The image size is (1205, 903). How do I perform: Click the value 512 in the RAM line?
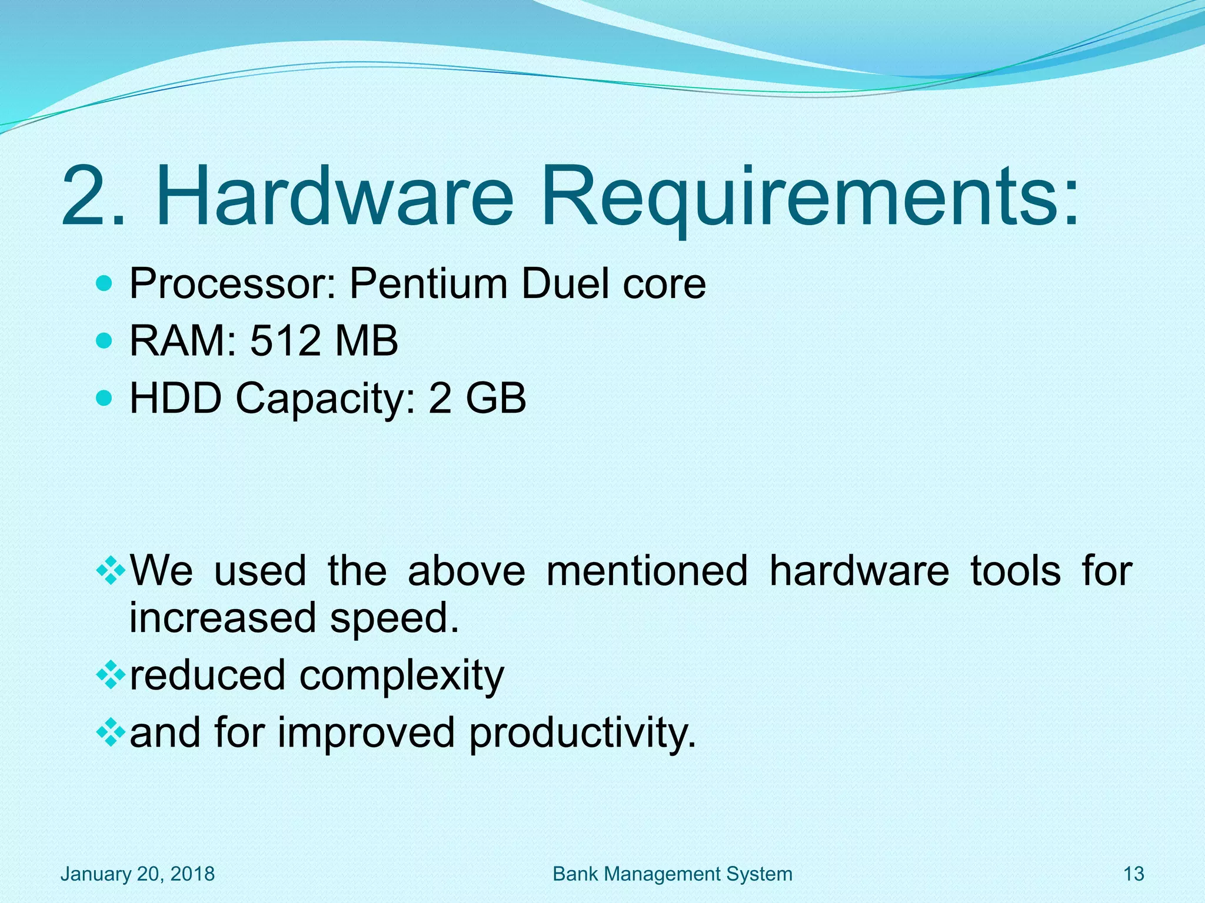pyautogui.click(x=285, y=341)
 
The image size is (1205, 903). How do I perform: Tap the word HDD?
pyautogui.click(x=175, y=399)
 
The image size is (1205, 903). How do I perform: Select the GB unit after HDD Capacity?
pyautogui.click(x=495, y=399)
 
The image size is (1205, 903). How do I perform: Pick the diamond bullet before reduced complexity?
pyautogui.click(x=110, y=675)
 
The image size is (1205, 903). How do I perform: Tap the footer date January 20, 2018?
pyautogui.click(x=138, y=874)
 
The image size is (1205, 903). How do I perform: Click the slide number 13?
pyautogui.click(x=1134, y=874)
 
